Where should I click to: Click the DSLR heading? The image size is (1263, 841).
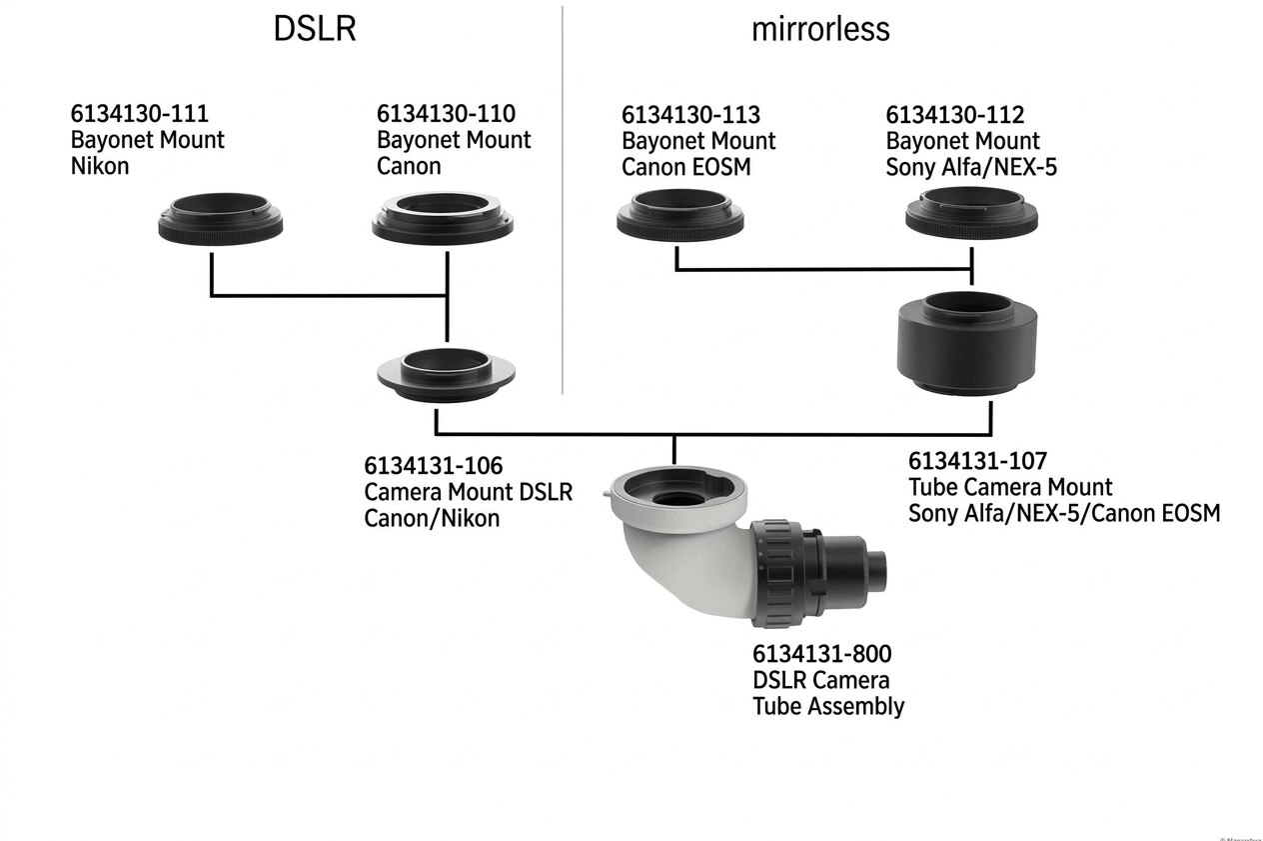[x=314, y=29]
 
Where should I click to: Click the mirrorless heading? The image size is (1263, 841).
[x=819, y=29]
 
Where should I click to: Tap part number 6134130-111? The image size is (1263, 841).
[x=139, y=114]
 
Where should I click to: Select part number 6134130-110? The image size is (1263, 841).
[x=446, y=114]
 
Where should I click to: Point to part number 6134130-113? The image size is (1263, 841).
[x=690, y=114]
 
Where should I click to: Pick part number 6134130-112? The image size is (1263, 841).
[x=954, y=114]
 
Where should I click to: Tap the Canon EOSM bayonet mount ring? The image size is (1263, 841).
[x=678, y=217]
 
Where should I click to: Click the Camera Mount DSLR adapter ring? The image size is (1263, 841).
[x=446, y=372]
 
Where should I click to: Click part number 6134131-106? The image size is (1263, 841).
[x=433, y=466]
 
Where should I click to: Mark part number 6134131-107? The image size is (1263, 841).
[x=977, y=461]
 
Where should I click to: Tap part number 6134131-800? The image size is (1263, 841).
[x=821, y=654]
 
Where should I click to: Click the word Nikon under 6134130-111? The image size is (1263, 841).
[x=100, y=166]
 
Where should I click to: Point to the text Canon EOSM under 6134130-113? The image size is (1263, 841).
[x=685, y=166]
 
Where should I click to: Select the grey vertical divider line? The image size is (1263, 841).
[x=563, y=200]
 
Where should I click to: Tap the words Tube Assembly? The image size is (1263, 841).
[x=828, y=706]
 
